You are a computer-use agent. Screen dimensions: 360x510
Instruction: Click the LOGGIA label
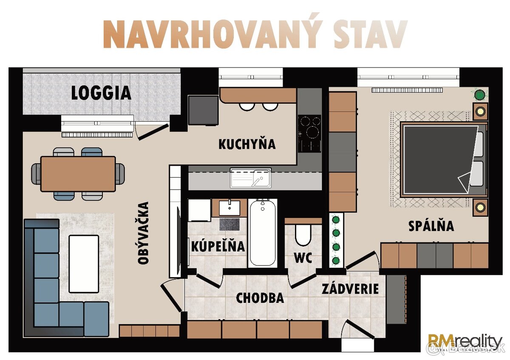(x=101, y=93)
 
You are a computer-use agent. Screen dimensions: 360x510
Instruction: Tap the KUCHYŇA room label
(x=247, y=144)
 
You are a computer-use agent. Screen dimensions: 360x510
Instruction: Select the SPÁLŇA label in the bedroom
(x=431, y=226)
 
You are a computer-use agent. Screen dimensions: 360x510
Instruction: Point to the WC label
(x=303, y=258)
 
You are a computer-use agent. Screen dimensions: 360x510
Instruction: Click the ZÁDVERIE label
(x=350, y=289)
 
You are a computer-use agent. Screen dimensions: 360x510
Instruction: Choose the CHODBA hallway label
(x=260, y=298)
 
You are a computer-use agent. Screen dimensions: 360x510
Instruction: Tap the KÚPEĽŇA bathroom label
(x=218, y=246)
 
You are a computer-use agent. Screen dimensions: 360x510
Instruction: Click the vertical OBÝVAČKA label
(x=144, y=233)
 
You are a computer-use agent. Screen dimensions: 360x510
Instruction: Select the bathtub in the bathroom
(x=262, y=233)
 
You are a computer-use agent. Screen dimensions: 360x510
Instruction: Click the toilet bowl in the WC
(x=303, y=235)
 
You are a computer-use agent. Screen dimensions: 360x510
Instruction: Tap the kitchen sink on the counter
(x=250, y=178)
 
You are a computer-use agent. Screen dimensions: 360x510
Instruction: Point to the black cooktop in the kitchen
(x=309, y=133)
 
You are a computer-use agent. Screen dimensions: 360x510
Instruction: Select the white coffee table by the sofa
(x=84, y=264)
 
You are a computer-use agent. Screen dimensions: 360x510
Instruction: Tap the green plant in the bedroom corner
(x=480, y=94)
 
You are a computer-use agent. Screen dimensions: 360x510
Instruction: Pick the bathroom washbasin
(x=229, y=208)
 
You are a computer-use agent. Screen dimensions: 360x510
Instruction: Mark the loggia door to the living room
(x=152, y=131)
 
